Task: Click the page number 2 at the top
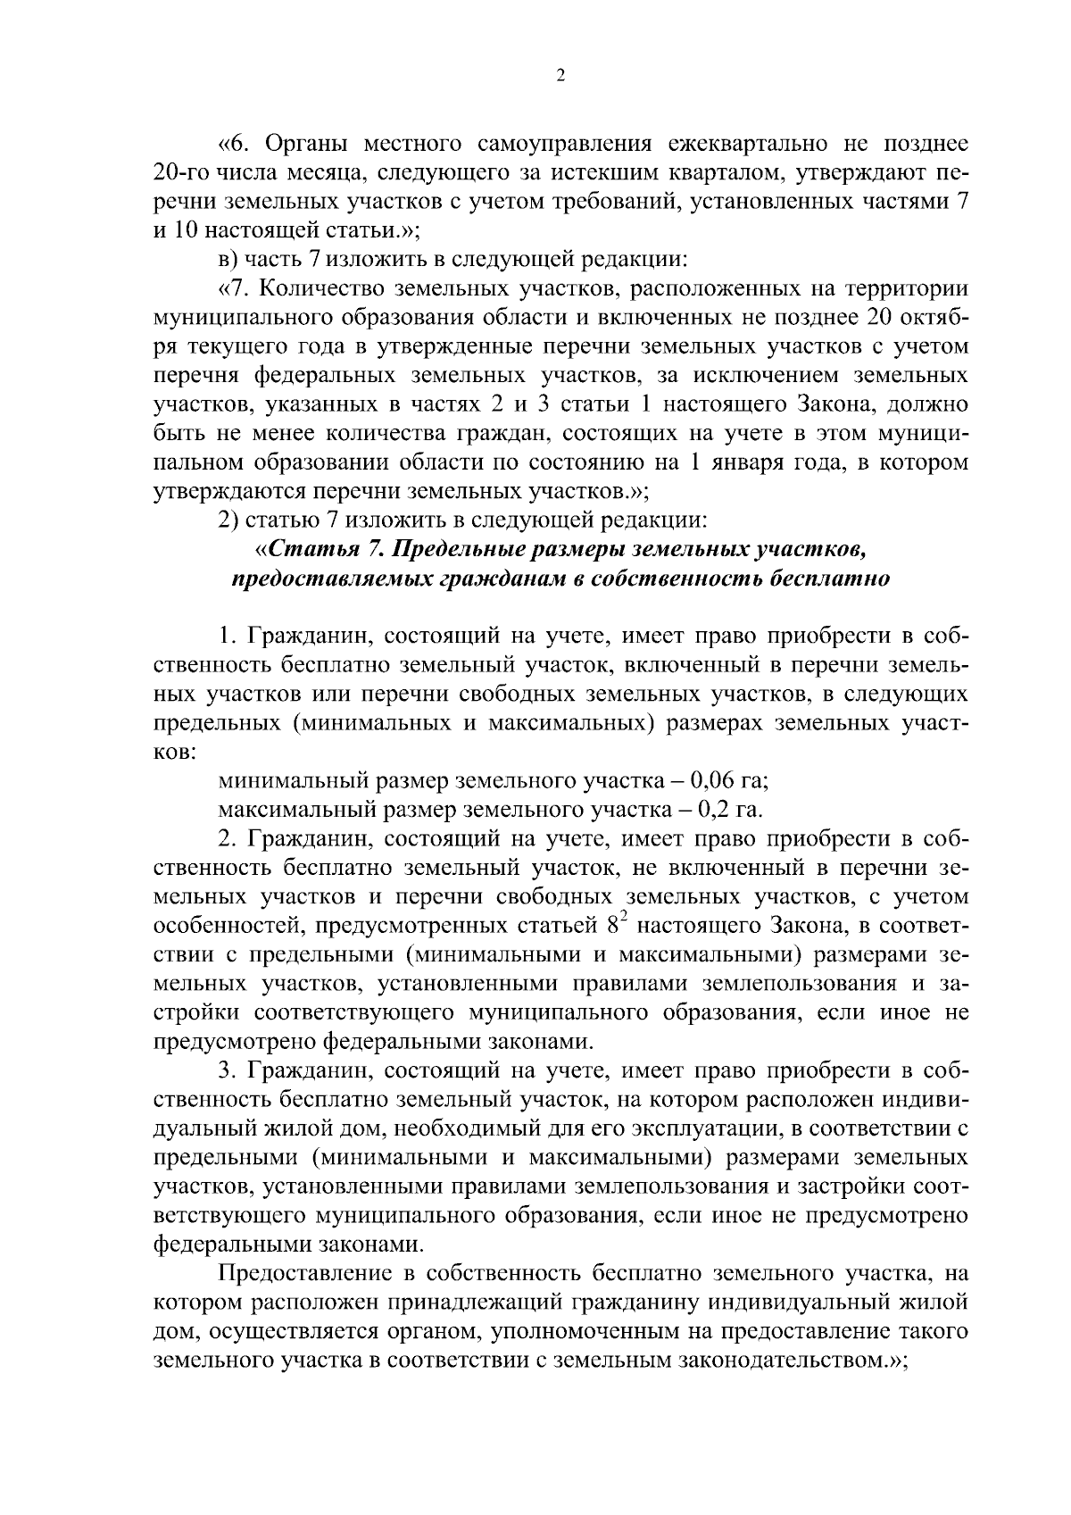coord(560,77)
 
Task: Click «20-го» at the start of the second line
coord(181,173)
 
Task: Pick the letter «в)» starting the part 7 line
coord(228,260)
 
